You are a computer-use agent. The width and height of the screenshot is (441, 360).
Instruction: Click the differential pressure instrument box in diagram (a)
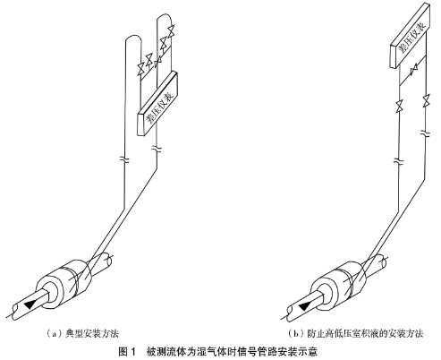tap(157, 104)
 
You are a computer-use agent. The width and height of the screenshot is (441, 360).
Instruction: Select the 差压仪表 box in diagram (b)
tap(411, 35)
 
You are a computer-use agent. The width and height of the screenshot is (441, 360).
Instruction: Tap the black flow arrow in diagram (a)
tap(30, 304)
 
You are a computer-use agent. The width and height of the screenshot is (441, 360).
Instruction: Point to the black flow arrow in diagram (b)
tap(304, 305)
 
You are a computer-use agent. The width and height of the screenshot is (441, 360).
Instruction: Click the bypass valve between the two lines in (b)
tap(414, 71)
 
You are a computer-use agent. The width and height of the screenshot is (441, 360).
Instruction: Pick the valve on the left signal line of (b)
tap(399, 107)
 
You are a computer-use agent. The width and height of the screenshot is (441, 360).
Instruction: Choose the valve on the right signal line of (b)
tap(426, 101)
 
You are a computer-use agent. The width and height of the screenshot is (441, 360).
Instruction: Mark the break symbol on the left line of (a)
tap(124, 159)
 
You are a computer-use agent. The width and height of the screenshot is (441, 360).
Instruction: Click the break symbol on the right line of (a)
tap(157, 148)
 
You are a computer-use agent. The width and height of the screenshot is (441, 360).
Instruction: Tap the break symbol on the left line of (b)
tap(399, 161)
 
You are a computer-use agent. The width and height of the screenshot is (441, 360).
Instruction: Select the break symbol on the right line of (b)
tap(426, 133)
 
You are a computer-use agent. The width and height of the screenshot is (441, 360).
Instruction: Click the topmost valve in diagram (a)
tap(171, 31)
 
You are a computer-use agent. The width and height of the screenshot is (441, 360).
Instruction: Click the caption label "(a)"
tap(55, 333)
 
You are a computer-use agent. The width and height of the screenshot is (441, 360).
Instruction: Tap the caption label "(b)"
tap(296, 333)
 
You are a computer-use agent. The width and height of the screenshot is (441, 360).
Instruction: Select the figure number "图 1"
tap(127, 351)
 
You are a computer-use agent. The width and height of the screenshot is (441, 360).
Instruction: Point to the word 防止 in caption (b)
tap(316, 333)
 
